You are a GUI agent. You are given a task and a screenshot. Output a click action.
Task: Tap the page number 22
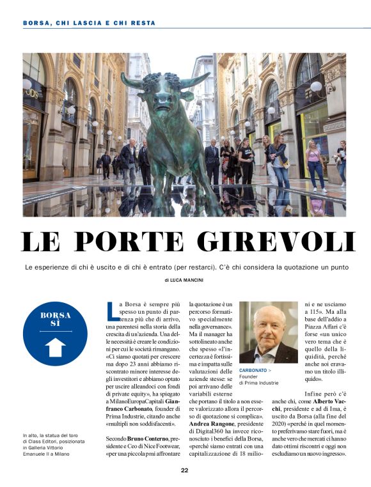pos(184,470)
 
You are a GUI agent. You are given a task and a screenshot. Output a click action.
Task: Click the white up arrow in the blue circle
pos(56,347)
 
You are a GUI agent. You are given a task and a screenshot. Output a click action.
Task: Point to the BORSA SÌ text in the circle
pos(56,319)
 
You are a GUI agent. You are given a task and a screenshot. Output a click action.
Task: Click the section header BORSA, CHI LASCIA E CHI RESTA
pos(89,23)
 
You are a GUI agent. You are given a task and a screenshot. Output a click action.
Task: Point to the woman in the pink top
pos(315,165)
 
